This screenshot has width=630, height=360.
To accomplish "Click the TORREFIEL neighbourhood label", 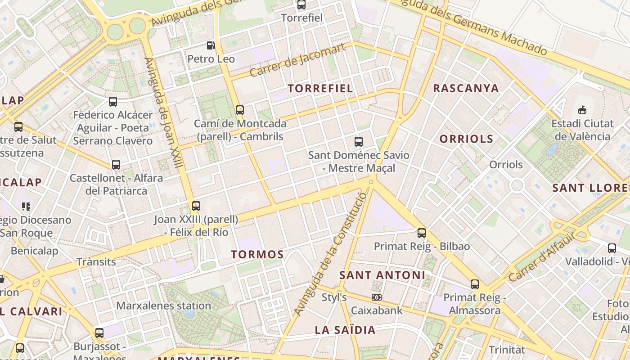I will (x=320, y=88).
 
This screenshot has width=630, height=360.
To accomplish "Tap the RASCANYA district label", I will (x=466, y=88).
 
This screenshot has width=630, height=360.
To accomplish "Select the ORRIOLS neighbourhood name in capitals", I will (x=466, y=139).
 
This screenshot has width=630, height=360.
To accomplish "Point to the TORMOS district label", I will (x=257, y=254).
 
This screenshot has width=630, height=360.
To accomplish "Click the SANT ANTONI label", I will (x=382, y=275).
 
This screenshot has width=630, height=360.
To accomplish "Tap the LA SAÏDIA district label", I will (x=345, y=330).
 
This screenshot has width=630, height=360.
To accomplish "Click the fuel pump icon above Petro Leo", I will (x=211, y=45).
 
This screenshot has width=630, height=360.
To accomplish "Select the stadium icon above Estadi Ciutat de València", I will (x=582, y=109).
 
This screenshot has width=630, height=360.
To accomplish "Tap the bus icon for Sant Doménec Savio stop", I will (x=359, y=142).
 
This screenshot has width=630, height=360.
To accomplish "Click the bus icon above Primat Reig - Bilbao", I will (x=422, y=233).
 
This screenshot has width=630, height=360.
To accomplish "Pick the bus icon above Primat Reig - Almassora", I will (x=475, y=284).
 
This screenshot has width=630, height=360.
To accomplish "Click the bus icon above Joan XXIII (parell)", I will (x=196, y=206).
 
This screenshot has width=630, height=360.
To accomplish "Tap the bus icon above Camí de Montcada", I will (x=240, y=110).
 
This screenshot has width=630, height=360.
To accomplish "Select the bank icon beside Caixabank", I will (x=377, y=297).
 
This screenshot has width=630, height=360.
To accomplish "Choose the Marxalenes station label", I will (x=164, y=306).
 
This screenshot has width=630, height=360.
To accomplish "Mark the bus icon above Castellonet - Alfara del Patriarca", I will (x=116, y=164).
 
